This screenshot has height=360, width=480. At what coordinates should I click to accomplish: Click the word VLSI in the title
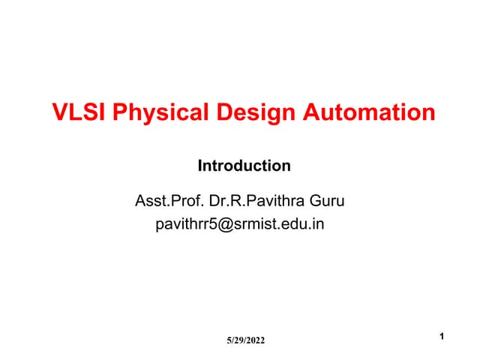click(x=76, y=113)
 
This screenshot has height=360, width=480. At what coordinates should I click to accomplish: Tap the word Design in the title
click(x=255, y=113)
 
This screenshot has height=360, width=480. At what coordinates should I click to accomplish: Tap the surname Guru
click(x=326, y=201)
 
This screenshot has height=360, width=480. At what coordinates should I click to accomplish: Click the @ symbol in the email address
click(x=224, y=223)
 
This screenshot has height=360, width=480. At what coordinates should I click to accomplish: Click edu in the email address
click(x=291, y=223)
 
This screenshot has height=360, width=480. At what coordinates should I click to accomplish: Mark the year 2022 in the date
click(x=254, y=341)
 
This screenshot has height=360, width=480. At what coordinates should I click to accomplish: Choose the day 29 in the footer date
click(x=238, y=341)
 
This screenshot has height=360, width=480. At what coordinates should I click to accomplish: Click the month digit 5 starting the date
click(x=229, y=341)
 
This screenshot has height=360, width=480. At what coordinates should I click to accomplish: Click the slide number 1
click(x=442, y=337)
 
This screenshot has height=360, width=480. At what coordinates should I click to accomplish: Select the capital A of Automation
click(x=312, y=113)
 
